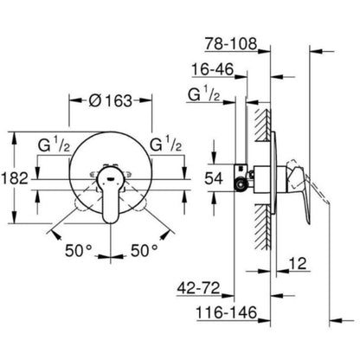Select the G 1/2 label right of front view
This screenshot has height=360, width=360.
tap(166, 143)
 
